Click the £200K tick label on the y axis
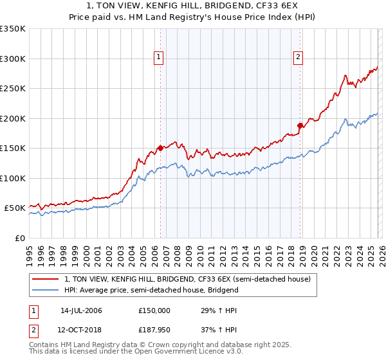(x=13, y=118)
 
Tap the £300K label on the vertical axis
(x=13, y=59)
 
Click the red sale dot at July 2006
(x=160, y=148)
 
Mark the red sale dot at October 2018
(x=300, y=125)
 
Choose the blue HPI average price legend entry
(x=151, y=290)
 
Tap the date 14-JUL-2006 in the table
(x=81, y=310)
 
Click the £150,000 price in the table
(x=154, y=310)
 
